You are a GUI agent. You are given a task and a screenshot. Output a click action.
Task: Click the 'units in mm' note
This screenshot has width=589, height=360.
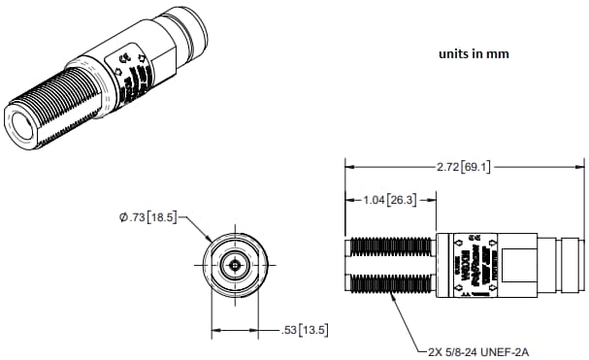pos(473,54)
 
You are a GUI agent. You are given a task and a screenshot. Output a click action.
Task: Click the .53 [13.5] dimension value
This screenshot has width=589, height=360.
pos(304,330)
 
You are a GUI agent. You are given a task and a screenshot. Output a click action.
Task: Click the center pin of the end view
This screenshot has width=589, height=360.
pos(234,265)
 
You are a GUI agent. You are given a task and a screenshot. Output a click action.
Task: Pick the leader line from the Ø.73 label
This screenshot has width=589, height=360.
pos(197,229)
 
